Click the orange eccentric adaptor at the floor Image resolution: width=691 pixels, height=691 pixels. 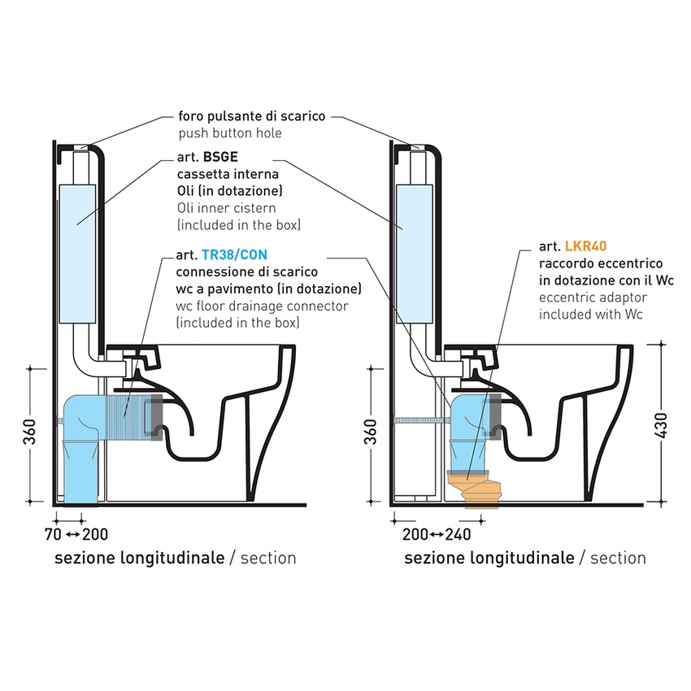[480, 491]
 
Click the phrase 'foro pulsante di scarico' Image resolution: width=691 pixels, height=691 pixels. [251, 116]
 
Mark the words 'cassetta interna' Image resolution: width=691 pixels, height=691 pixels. [228, 174]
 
